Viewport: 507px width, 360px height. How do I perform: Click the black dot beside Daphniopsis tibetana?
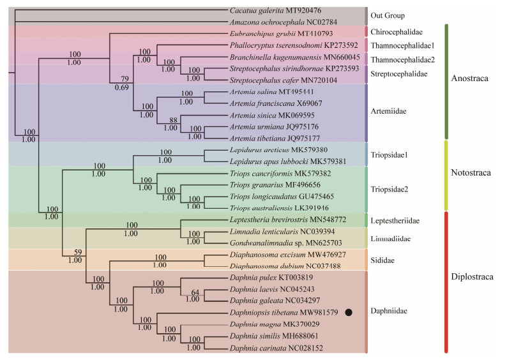click(x=349, y=312)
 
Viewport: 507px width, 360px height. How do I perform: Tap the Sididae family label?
click(x=383, y=261)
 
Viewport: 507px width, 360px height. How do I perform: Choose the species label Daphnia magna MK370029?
click(x=271, y=324)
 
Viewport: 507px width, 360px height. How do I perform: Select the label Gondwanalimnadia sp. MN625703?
click(x=282, y=243)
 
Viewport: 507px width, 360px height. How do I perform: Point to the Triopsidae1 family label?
click(x=389, y=155)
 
